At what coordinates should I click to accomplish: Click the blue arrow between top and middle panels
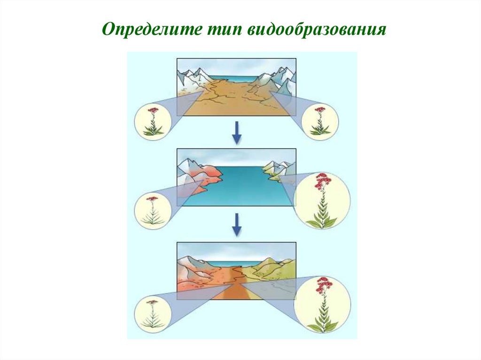tap(237, 133)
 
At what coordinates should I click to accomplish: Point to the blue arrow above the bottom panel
tap(237, 225)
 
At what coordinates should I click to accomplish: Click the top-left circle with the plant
tap(152, 121)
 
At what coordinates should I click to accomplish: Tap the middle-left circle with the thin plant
tap(153, 211)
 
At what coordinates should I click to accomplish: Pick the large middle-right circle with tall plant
tap(322, 201)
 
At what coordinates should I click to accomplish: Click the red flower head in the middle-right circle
tap(322, 181)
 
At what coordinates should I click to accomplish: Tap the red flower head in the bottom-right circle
tap(322, 284)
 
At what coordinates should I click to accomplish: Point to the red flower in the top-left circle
tap(152, 111)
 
